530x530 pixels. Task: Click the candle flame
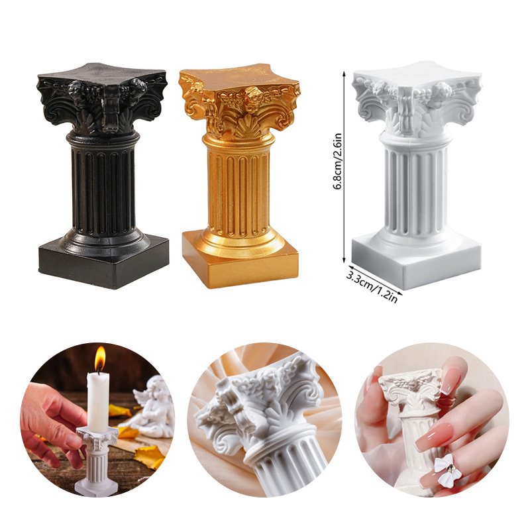point(101,359)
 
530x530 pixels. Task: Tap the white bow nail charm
point(448,467)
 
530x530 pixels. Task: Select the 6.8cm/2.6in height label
point(339,161)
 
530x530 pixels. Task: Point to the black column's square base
point(103,261)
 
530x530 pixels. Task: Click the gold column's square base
point(240,258)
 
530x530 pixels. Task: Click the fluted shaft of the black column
point(103,191)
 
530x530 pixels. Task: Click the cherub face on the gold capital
point(254,95)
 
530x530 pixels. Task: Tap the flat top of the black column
point(101,72)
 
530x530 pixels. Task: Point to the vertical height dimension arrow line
point(344,167)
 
